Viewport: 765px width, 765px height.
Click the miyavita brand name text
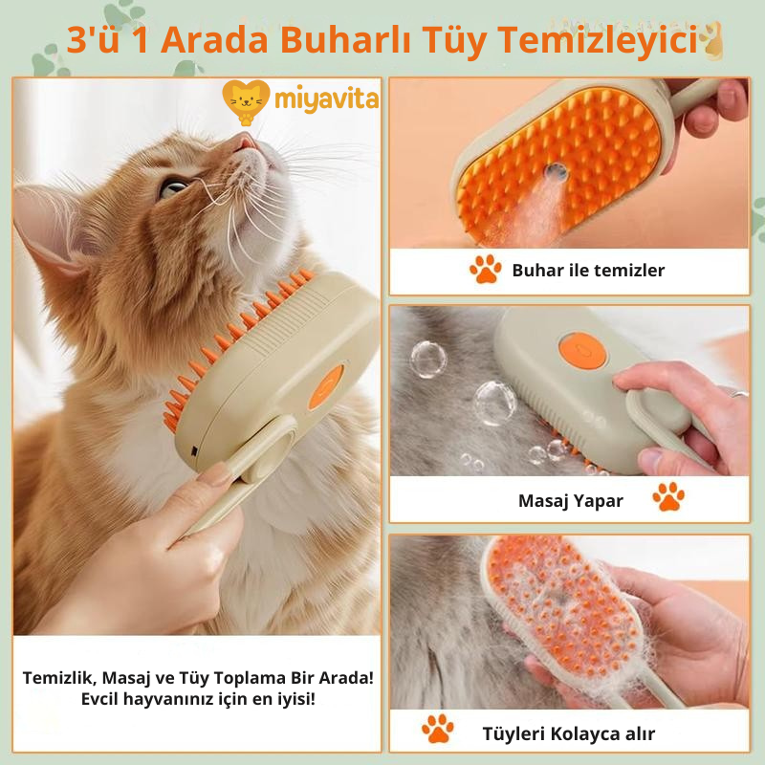click(x=326, y=99)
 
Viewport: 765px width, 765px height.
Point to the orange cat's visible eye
click(x=173, y=187)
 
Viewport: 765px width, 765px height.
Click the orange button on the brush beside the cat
click(x=326, y=387)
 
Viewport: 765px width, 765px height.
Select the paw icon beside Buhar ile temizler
click(x=486, y=269)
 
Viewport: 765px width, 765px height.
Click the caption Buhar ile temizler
click(x=588, y=270)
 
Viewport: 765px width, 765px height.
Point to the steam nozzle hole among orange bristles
click(x=556, y=172)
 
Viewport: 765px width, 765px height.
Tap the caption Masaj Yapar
click(x=570, y=500)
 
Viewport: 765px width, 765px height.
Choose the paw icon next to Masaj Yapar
click(x=668, y=496)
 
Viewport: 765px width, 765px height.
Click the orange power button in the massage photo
click(x=582, y=350)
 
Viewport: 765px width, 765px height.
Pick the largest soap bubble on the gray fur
click(x=494, y=403)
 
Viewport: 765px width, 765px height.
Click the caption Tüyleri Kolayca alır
click(x=568, y=733)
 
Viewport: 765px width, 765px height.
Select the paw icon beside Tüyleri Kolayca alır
click(x=438, y=729)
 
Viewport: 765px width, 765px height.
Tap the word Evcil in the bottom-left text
click(x=99, y=698)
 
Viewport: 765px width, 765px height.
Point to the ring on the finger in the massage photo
click(x=738, y=393)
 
